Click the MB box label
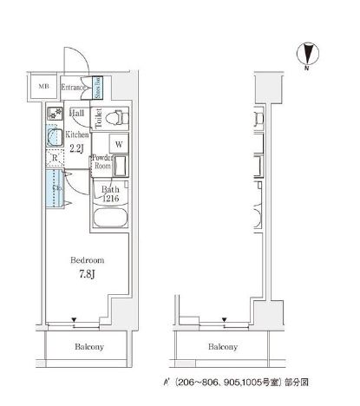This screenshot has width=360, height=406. [x=43, y=87]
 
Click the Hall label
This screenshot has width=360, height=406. [x=77, y=113]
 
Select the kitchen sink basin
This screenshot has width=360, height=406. [x=52, y=136]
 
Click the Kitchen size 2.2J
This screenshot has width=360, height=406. [x=77, y=147]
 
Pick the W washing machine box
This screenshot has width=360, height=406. [x=120, y=144]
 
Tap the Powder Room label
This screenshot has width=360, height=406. [x=102, y=161]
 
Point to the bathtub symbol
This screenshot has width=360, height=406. [x=111, y=218]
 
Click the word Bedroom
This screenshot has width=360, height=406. [x=88, y=260]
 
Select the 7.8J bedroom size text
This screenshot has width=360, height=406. [x=88, y=276]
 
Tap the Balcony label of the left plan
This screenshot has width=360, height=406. [x=88, y=347]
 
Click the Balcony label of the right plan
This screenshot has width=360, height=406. [x=223, y=347]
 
